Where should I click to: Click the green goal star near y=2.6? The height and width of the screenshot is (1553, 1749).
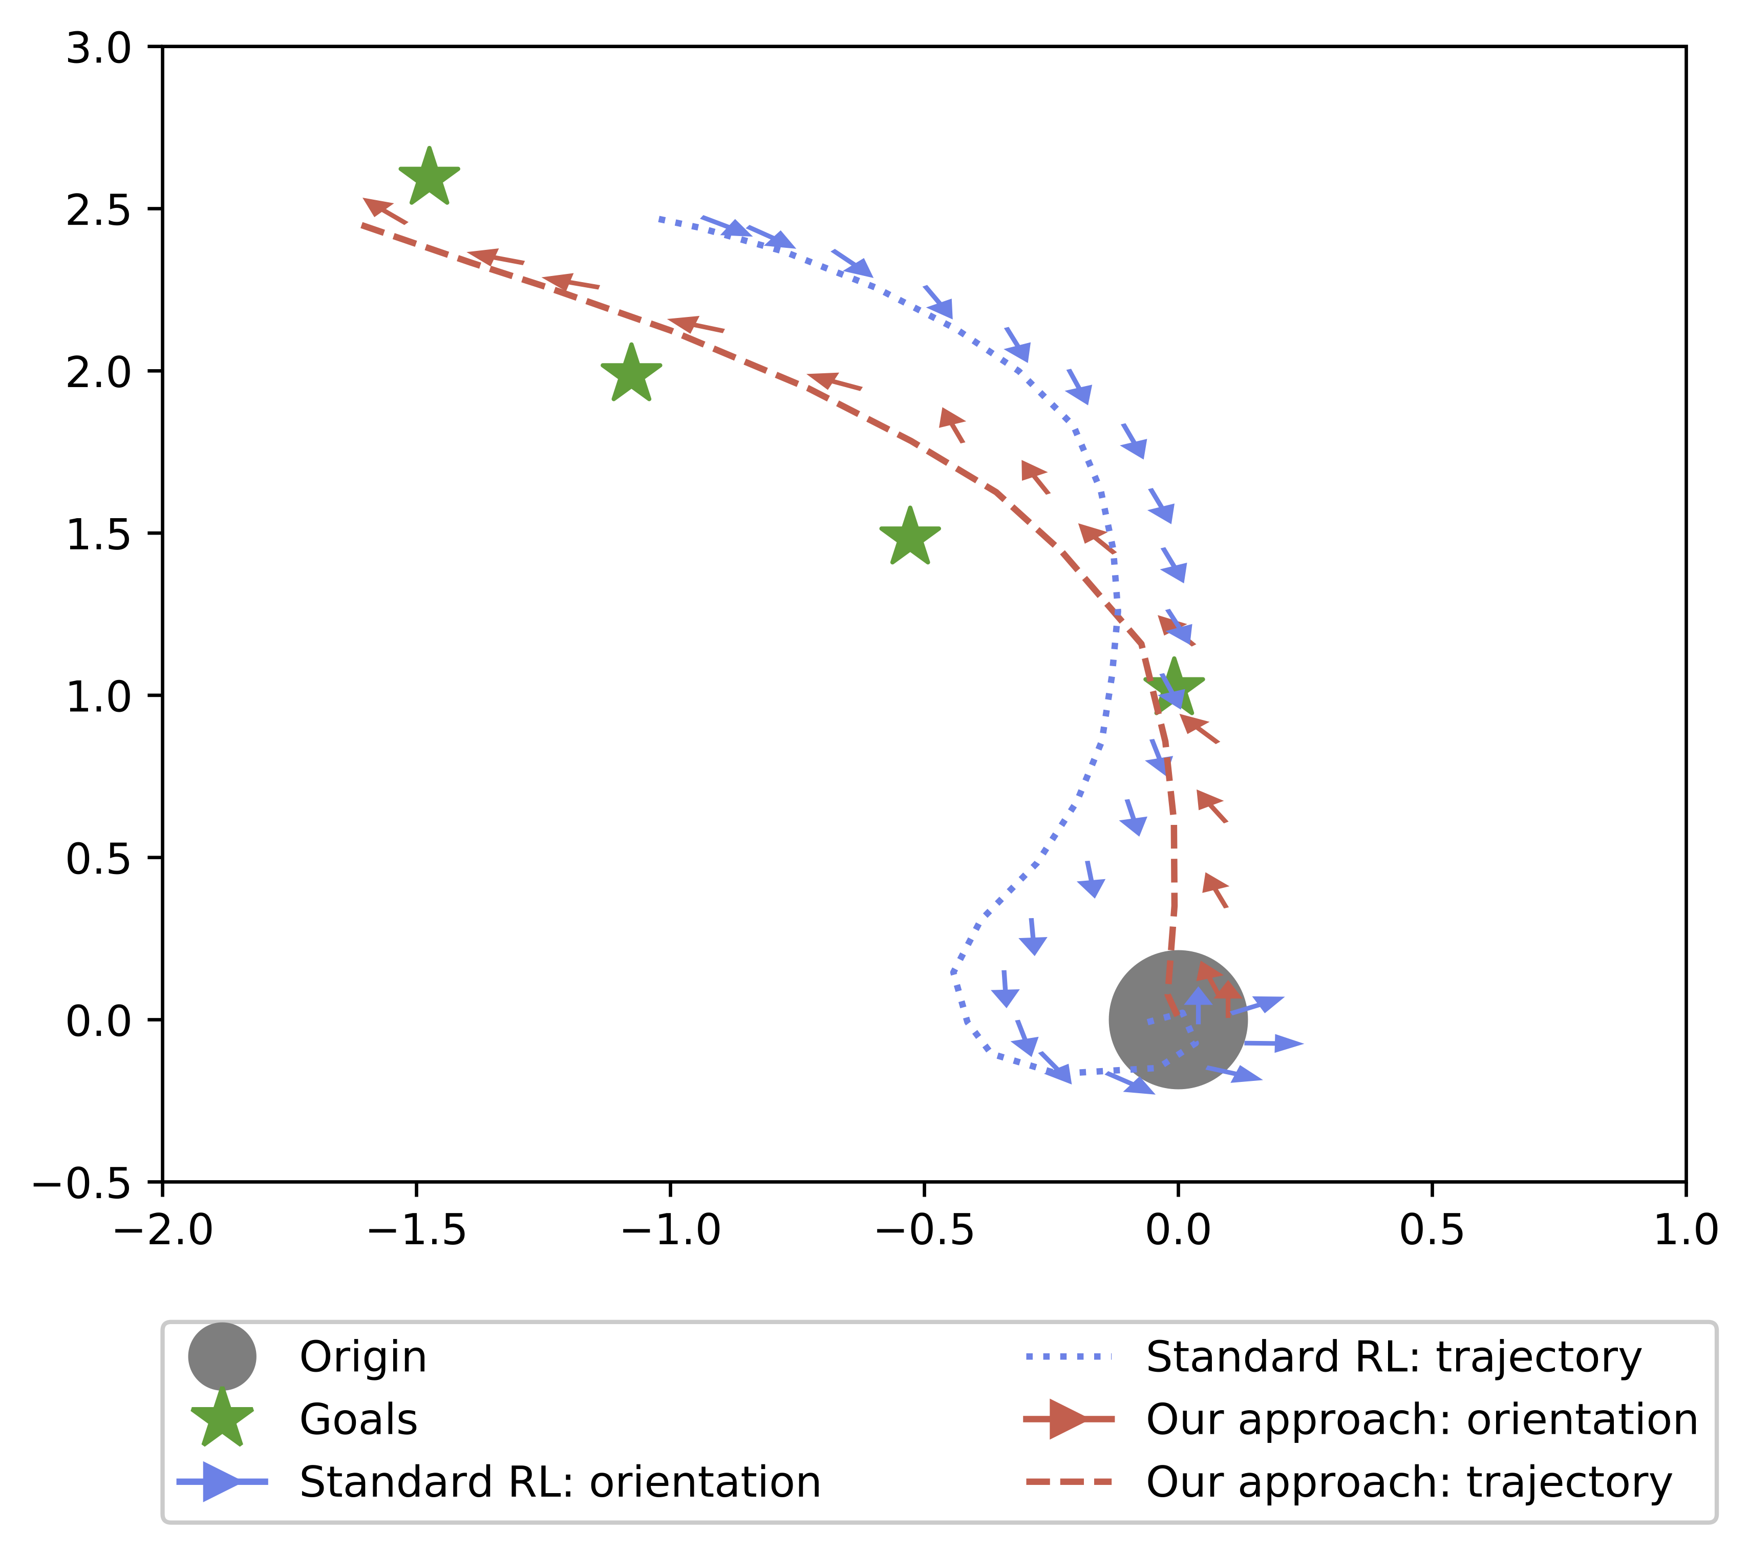point(430,178)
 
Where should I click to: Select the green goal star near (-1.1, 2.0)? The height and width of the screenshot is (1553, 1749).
point(631,375)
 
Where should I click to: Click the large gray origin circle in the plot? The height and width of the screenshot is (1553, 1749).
point(1178,1020)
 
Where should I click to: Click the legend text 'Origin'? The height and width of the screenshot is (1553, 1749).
point(363,1357)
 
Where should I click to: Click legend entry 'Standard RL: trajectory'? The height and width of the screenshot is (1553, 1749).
point(1393,1357)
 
